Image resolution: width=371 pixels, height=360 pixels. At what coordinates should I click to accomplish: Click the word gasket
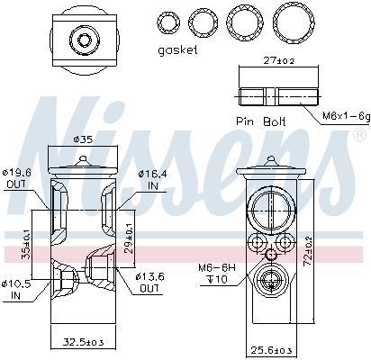[x=177, y=50]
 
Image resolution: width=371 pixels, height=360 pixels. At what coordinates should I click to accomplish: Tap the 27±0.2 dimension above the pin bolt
[x=279, y=60]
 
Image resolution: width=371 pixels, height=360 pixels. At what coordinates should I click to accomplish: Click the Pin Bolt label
[x=260, y=121]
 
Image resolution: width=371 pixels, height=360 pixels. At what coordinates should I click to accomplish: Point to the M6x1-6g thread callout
[x=346, y=116]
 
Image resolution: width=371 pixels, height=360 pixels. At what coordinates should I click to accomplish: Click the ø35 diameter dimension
[x=83, y=139]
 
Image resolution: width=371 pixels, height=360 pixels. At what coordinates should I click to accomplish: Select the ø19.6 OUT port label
[x=17, y=178]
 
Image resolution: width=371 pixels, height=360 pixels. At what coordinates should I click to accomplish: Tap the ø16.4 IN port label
[x=153, y=180]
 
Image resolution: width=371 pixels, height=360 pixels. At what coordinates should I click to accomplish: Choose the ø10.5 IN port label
[x=16, y=290]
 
